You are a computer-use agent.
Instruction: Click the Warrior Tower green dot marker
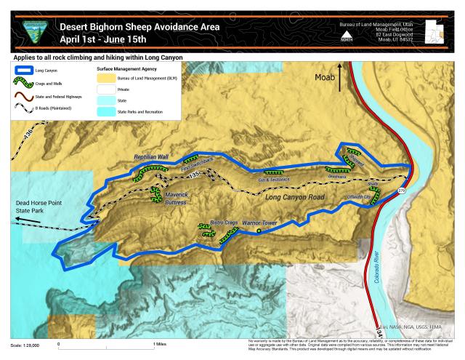point(259,231)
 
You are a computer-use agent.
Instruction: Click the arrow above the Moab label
point(340,81)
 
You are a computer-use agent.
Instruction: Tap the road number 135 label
point(193,175)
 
